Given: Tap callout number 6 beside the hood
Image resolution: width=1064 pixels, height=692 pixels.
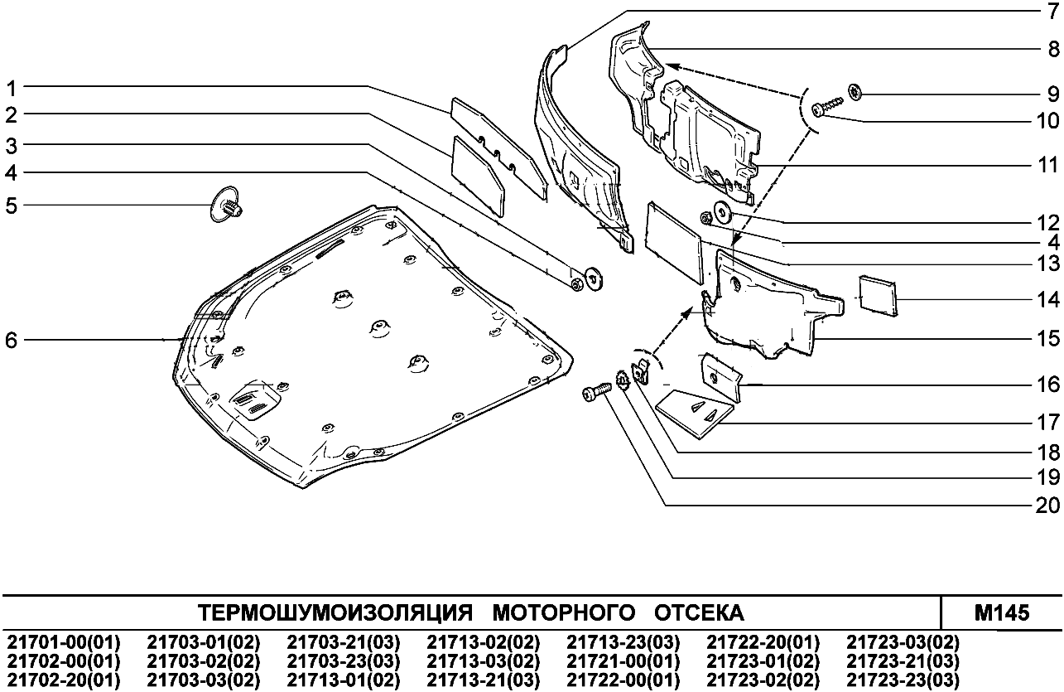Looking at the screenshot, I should [x=12, y=340].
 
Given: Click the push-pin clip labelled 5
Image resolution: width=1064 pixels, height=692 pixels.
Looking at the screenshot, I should [x=226, y=203].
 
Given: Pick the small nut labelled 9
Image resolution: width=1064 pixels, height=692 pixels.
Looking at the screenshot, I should [x=855, y=91].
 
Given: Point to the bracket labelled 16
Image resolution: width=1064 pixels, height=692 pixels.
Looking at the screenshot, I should [x=719, y=372].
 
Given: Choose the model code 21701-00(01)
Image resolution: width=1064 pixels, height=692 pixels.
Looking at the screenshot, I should [x=64, y=643].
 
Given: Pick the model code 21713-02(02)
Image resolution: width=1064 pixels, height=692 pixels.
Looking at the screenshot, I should [x=484, y=643].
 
